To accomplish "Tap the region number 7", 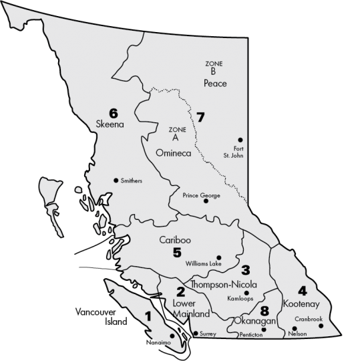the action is (200, 118).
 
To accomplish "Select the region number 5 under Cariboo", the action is (177, 252).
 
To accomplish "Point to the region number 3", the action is (245, 270).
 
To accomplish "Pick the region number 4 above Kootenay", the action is (303, 291).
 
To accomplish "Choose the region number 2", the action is (180, 291).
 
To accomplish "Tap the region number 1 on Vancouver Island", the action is (148, 315).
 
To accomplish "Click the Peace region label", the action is (216, 84).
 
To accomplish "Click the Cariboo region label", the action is (175, 239).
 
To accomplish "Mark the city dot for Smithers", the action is (116, 180).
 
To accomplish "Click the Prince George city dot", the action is (206, 201).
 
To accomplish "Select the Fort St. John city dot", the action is (240, 140).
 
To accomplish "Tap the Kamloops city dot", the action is (246, 293).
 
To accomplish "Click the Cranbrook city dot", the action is (321, 326).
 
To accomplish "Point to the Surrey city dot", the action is (195, 333).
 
